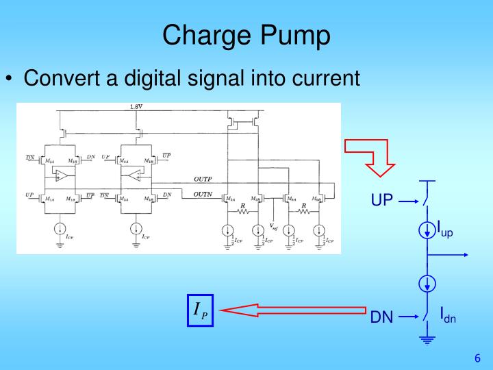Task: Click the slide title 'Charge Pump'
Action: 246,34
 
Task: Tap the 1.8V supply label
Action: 136,107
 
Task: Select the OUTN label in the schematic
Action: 203,195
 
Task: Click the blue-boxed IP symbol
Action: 200,311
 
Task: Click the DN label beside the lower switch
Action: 382,318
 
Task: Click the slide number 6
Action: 477,358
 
